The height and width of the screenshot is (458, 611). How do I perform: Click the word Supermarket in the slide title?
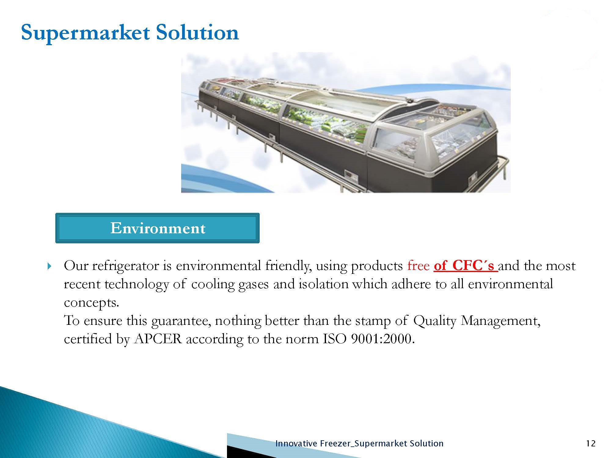coord(85,33)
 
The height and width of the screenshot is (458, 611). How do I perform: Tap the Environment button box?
coord(157,228)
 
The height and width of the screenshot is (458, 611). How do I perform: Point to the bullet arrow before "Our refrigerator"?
coord(50,267)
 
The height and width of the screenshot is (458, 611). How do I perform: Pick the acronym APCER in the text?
coord(158,339)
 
